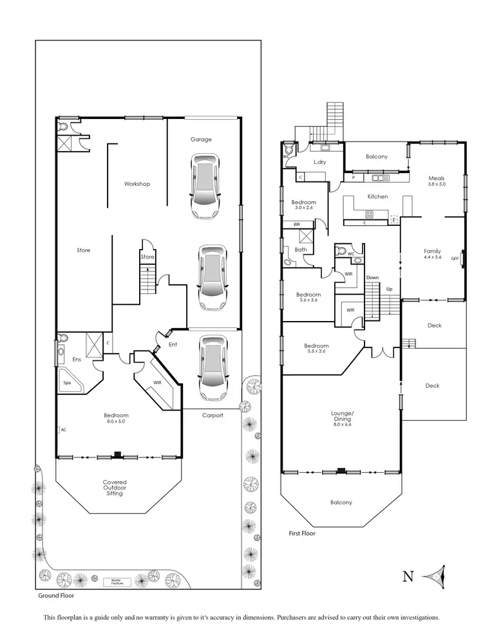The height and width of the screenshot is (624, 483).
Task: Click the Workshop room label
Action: pos(137,184)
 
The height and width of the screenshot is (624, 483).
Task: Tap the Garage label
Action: pos(201,139)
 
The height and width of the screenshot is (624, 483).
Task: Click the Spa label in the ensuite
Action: pos(67,383)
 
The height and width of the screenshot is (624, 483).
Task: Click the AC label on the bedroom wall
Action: pos(63,429)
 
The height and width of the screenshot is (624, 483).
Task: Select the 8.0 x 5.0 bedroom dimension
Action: pos(116,421)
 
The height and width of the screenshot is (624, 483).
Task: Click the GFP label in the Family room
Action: pos(455,259)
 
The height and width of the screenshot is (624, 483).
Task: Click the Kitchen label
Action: pos(377,196)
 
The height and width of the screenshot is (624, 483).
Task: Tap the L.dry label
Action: pos(320,162)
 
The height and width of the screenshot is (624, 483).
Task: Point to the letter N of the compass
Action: pos(408,576)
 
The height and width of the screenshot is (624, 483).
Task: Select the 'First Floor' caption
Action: pos(302,533)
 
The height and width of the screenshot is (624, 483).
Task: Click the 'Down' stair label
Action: pos(372,277)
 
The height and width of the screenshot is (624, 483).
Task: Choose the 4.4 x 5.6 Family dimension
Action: pos(432,257)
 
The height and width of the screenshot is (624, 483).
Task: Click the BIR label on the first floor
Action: pos(297,225)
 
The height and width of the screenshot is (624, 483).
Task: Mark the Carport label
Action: pos(212,416)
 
